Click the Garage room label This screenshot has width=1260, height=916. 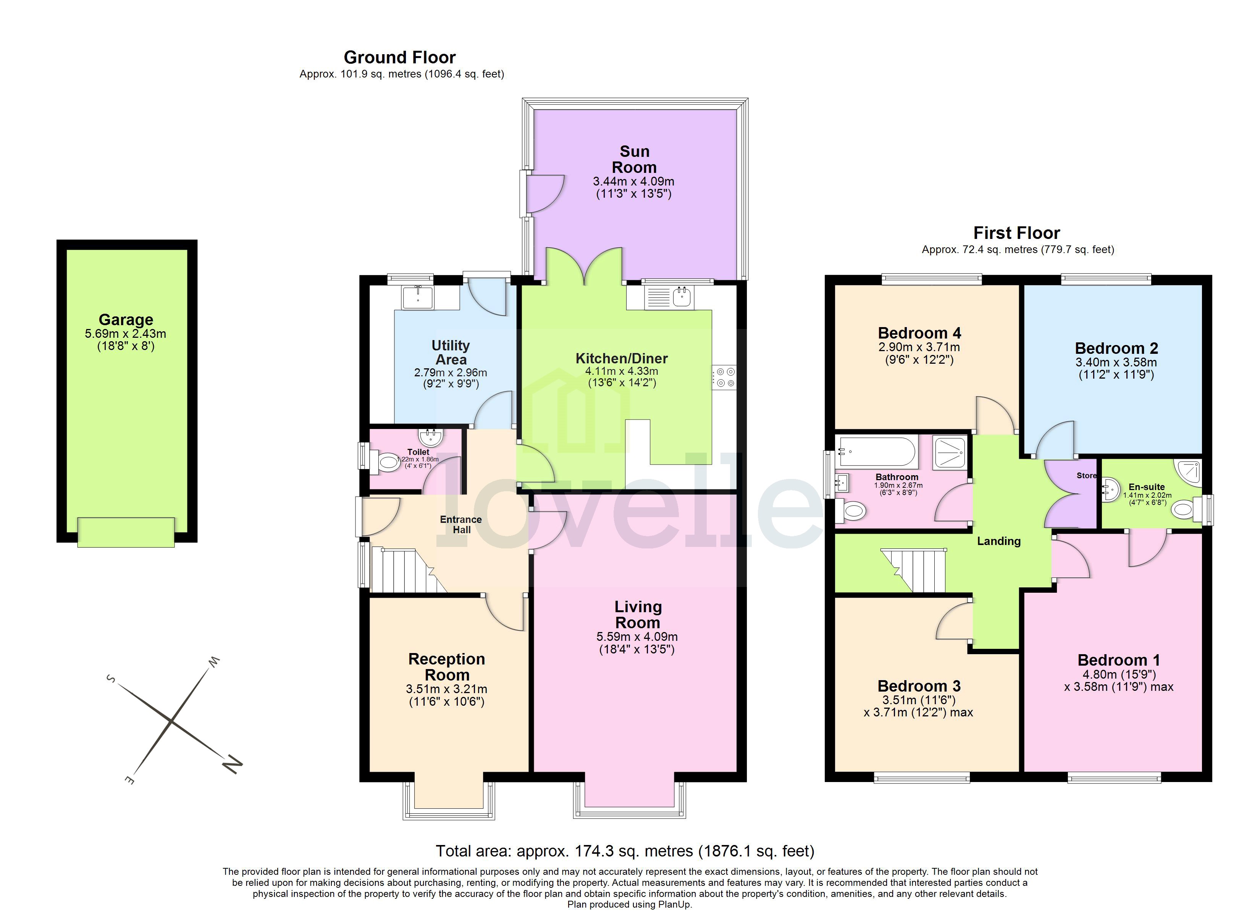click(126, 319)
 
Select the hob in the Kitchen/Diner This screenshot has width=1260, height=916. click(724, 377)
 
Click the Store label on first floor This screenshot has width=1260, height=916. click(1086, 476)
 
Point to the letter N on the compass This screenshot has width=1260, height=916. click(232, 764)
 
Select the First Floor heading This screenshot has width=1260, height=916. click(1017, 233)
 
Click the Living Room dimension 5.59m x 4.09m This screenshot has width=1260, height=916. click(636, 637)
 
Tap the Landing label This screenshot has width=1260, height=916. click(998, 541)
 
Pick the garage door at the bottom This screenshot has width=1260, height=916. click(126, 532)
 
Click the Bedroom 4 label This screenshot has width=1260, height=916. click(919, 333)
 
